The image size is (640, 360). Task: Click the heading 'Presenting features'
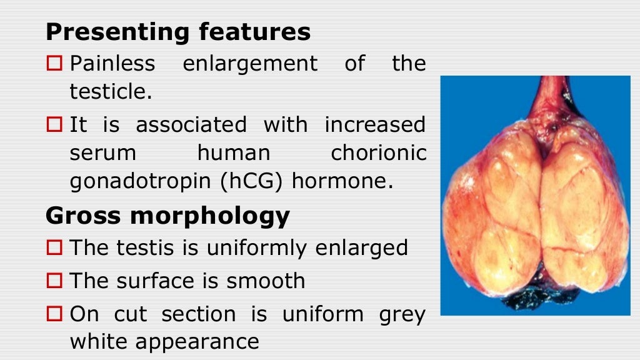pyautogui.click(x=178, y=31)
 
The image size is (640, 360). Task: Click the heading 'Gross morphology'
pyautogui.click(x=167, y=216)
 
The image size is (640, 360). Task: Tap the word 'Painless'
pyautogui.click(x=112, y=63)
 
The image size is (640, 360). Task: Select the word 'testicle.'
pyautogui.click(x=111, y=92)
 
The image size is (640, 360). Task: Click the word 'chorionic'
pyautogui.click(x=379, y=152)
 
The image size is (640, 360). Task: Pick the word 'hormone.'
pyautogui.click(x=343, y=182)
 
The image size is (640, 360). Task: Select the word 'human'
pyautogui.click(x=234, y=152)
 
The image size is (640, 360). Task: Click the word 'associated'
pyautogui.click(x=191, y=124)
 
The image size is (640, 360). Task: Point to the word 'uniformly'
pyautogui.click(x=258, y=247)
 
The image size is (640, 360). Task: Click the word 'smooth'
pyautogui.click(x=266, y=281)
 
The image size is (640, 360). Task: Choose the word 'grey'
pyautogui.click(x=402, y=313)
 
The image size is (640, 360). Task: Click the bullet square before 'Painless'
pyautogui.click(x=55, y=63)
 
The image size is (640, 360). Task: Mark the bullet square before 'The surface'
pyautogui.click(x=55, y=281)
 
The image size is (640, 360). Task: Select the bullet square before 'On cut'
pyautogui.click(x=55, y=313)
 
